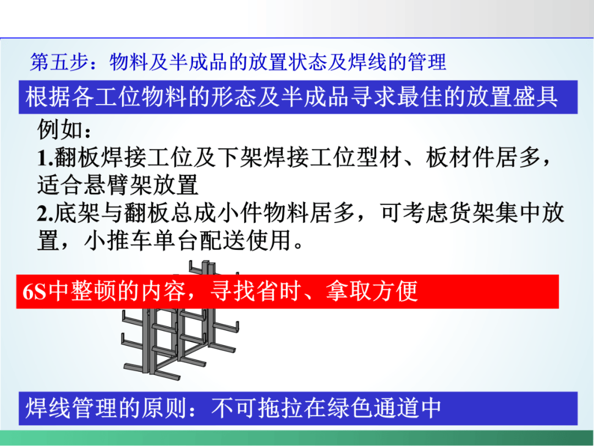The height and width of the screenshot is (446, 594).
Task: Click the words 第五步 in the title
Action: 59,62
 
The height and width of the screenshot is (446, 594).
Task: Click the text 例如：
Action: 64,129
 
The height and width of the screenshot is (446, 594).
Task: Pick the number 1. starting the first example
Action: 45,158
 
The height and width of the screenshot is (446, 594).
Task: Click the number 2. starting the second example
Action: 45,214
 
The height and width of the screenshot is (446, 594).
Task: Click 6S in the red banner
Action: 34,291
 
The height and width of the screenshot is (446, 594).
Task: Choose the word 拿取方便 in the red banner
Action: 372,291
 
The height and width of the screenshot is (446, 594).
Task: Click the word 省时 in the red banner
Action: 278,291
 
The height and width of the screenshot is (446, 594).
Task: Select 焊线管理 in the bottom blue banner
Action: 71,409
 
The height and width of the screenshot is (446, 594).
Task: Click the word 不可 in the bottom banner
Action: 234,409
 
